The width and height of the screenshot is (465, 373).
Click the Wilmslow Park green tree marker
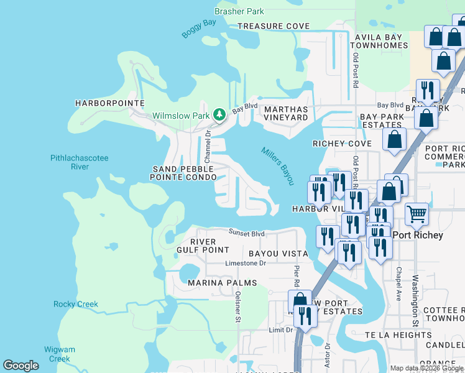[219, 115]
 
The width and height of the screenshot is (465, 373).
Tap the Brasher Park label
[239, 11]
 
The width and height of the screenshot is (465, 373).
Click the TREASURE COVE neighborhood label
[274, 26]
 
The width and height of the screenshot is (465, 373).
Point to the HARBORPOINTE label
[109, 103]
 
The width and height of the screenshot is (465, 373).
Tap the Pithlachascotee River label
[80, 162]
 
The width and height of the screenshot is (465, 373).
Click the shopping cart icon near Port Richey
[417, 214]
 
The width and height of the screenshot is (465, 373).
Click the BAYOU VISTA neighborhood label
[279, 254]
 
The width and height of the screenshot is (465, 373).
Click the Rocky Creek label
[76, 304]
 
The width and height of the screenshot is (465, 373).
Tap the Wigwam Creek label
[60, 354]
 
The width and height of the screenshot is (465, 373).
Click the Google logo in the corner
[21, 366]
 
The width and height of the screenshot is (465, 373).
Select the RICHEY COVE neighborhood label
[341, 144]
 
